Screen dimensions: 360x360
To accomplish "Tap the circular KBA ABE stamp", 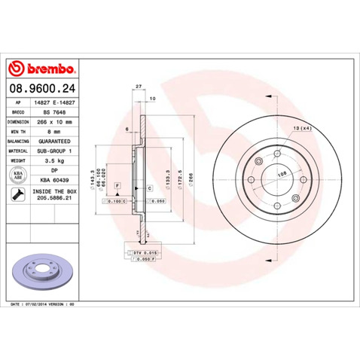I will tap(17, 175).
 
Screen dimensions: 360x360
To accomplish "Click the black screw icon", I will tap(17, 195).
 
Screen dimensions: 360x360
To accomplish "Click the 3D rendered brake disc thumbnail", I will tap(44, 270).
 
